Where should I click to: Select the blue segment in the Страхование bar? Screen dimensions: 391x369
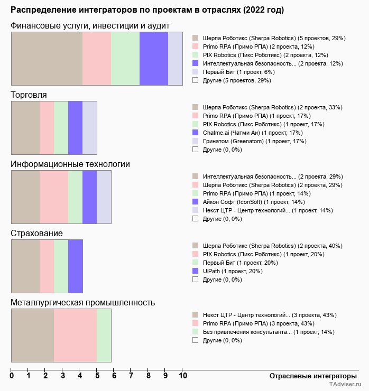pos(76,266)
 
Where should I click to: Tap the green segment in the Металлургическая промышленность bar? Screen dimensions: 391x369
pos(104,336)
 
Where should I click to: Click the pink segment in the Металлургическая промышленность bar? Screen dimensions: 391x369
pos(75,336)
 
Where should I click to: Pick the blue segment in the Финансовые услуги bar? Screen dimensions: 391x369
pos(154,59)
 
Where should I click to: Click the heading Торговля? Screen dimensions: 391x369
pos(29,95)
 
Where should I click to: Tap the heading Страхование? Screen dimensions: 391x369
pos(37,234)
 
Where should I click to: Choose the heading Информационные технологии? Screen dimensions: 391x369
pos(70,164)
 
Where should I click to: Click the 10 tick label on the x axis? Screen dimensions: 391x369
pos(182,376)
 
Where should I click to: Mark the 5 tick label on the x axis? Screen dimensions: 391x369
pos(97,376)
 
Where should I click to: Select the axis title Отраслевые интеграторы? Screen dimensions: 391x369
pos(310,376)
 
